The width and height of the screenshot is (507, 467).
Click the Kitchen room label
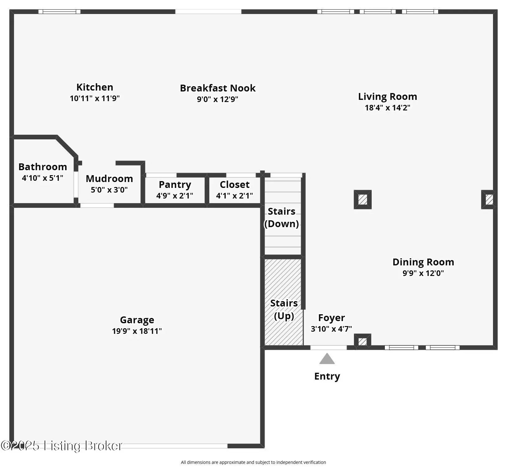(95, 87)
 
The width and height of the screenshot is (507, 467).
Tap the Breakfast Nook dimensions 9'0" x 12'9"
(217, 100)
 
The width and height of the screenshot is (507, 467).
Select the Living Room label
(388, 96)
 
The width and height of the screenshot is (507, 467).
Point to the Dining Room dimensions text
(423, 273)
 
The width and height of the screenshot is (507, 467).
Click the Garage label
(137, 320)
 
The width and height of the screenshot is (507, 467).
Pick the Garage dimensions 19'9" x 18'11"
(137, 331)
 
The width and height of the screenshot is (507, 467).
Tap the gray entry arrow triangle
(327, 359)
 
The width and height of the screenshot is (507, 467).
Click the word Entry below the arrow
(327, 376)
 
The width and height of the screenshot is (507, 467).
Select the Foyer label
(331, 318)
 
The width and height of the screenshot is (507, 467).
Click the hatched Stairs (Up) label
(284, 309)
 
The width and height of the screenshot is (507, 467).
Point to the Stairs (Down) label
(281, 217)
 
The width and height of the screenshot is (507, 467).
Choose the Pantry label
(175, 184)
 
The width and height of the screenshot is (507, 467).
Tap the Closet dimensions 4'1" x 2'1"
(234, 196)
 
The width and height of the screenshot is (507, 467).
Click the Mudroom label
(109, 179)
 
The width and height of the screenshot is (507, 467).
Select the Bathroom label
(43, 167)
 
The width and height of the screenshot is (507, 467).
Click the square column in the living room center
(363, 199)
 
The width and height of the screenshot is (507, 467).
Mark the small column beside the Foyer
(362, 341)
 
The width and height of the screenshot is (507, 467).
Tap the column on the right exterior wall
(489, 199)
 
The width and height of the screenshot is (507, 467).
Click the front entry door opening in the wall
(328, 348)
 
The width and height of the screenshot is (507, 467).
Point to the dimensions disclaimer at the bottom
(253, 462)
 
